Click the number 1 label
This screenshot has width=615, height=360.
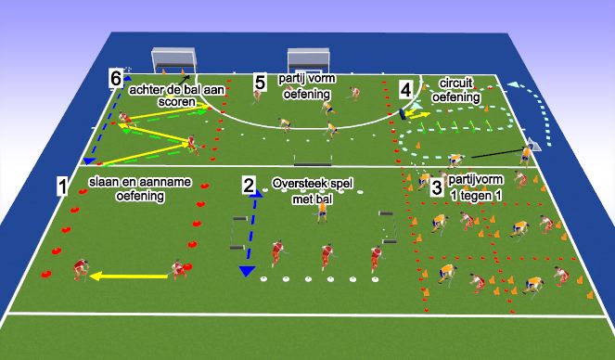[61, 186]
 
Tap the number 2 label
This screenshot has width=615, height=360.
[248, 185]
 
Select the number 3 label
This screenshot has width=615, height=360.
[437, 186]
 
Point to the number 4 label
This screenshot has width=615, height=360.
[405, 89]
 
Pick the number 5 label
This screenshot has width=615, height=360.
[261, 84]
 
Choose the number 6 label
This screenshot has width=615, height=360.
[115, 78]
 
